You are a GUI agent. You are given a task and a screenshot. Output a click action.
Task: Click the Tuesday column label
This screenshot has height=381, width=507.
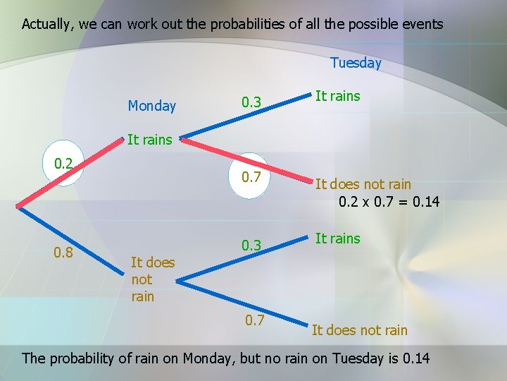coord(356,63)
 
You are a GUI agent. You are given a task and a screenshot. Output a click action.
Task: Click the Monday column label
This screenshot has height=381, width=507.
coord(151,106)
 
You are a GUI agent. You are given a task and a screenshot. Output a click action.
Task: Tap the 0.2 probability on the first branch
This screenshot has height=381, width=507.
coord(63,164)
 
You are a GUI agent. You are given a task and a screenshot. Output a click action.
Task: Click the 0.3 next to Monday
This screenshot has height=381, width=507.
coord(251,103)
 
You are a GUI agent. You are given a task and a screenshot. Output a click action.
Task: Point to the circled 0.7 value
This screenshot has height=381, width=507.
coord(251,175)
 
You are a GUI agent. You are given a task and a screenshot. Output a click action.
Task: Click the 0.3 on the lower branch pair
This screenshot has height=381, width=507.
coord(251,246)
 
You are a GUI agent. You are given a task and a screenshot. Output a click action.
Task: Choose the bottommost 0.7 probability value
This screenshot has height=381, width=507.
coord(255,321)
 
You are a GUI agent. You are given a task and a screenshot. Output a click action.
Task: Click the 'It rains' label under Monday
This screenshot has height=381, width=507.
coord(149,140)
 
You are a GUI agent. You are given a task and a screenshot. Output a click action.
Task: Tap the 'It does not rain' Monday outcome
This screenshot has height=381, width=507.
coord(152,279)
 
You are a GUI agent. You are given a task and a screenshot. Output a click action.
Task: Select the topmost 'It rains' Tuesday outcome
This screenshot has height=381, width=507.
coord(337,96)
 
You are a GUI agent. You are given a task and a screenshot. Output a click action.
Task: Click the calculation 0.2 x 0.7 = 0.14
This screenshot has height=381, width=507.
coord(389,202)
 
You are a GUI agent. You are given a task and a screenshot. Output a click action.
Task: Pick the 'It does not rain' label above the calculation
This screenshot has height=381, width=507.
coord(363,185)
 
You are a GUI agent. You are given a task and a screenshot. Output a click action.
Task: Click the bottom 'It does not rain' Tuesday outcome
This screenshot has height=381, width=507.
coord(359,329)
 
